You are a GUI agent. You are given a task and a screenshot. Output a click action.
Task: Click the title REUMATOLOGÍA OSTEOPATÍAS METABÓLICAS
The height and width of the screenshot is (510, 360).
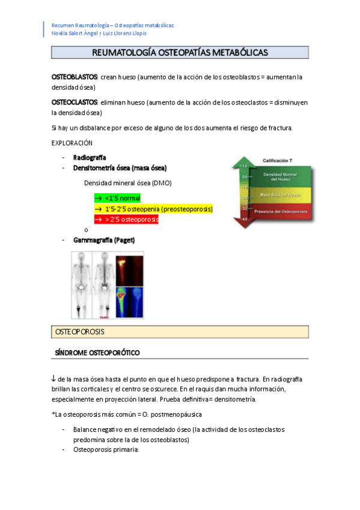[180, 53]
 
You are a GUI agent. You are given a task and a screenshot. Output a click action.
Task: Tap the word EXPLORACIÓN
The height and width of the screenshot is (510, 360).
[72, 143]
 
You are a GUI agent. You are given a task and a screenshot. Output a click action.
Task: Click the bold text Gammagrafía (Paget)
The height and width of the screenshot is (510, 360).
[104, 239]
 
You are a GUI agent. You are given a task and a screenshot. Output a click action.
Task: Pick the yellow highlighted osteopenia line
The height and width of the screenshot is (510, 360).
[153, 209]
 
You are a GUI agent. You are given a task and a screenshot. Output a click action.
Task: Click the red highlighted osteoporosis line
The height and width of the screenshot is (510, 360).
[126, 220]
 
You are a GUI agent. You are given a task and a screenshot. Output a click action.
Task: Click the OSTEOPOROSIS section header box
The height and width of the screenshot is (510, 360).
[180, 332]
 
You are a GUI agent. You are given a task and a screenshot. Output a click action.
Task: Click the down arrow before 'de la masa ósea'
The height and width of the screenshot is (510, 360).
[54, 378]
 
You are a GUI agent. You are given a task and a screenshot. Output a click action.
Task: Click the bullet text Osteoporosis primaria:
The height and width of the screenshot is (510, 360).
[106, 449]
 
